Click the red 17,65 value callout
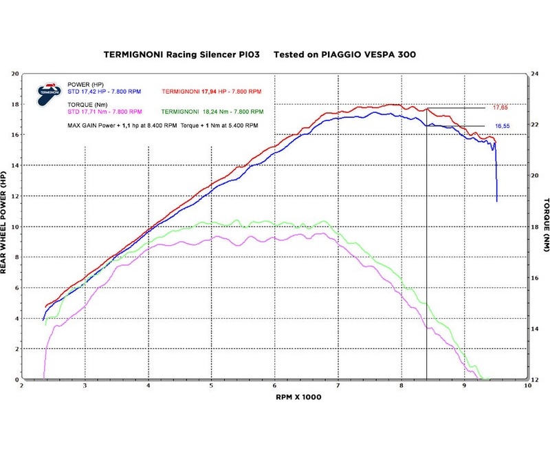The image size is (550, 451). tap(500, 108)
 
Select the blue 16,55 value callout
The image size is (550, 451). tap(503, 127)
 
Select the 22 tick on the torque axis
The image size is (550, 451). tap(536, 124)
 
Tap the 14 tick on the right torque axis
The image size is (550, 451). tap(536, 328)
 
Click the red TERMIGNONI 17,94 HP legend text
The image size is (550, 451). tap(210, 90)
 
